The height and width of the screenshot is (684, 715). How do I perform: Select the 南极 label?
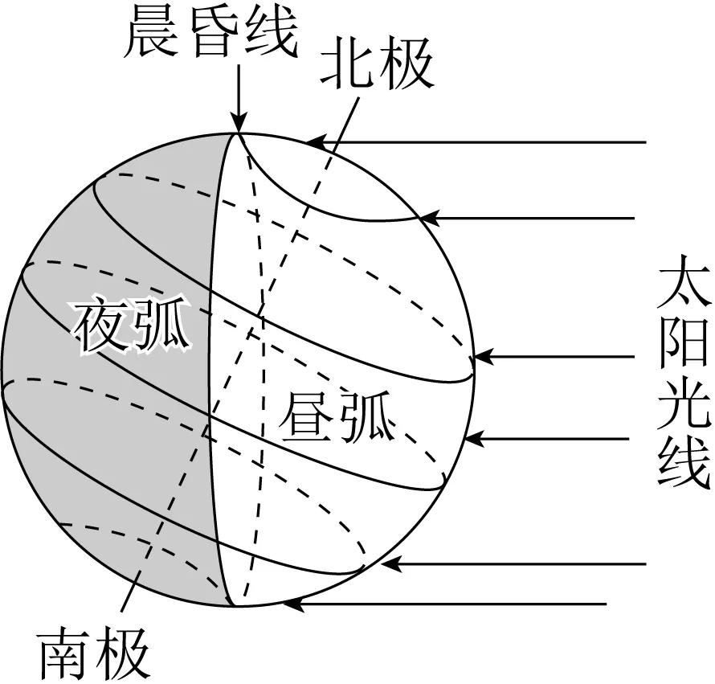tap(95, 654)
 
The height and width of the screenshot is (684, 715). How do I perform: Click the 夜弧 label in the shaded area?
tap(133, 328)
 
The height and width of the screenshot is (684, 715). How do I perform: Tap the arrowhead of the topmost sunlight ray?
tap(315, 143)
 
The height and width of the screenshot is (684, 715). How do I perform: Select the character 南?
tap(66, 654)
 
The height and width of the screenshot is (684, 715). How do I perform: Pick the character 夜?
tap(102, 328)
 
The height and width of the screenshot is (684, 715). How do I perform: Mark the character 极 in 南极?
tap(124, 654)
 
